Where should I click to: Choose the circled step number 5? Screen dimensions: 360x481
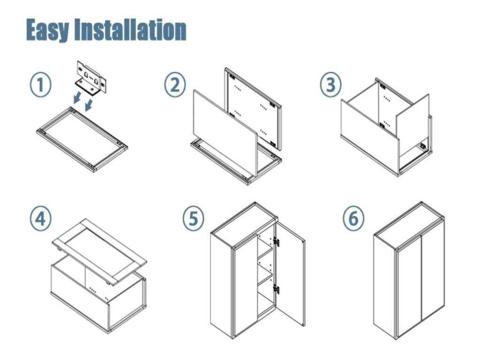(194, 219)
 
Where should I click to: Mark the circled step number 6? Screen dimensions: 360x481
(353, 219)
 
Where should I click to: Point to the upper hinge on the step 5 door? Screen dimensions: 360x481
(276, 242)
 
